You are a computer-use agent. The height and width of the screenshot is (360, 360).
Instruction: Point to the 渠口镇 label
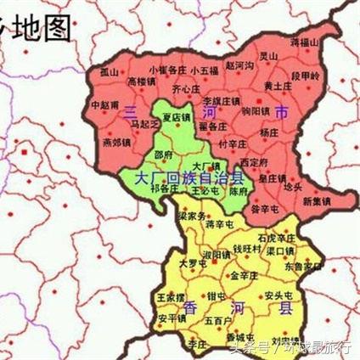point(280,250)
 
